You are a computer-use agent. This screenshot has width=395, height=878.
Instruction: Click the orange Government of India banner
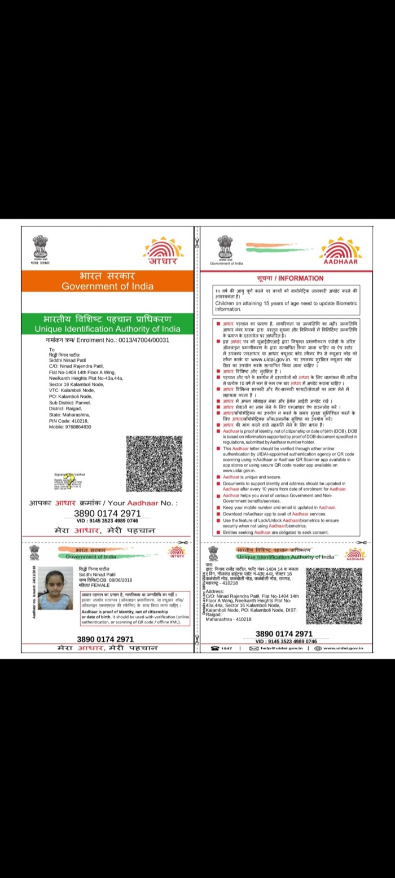pos(107,281)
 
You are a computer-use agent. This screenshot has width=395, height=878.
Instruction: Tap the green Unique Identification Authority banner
pos(107,323)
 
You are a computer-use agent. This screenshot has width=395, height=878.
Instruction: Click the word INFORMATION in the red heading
pos(301,278)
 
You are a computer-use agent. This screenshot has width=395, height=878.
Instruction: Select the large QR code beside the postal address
pos(154,463)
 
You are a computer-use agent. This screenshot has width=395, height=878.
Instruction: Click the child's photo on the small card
pos(55,588)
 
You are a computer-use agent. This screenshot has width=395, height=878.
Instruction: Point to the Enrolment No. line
pos(107,340)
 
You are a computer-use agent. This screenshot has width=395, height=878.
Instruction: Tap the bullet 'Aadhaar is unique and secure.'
pos(248,477)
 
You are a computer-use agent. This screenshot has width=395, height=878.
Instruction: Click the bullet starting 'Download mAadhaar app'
pos(274,514)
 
